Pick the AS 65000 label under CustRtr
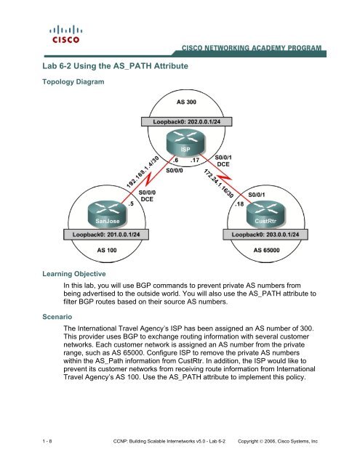[x=270, y=248]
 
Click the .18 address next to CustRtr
[x=239, y=204]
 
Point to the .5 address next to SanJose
[x=129, y=204]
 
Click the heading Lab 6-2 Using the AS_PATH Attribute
[x=111, y=66]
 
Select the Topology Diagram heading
[x=72, y=83]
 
